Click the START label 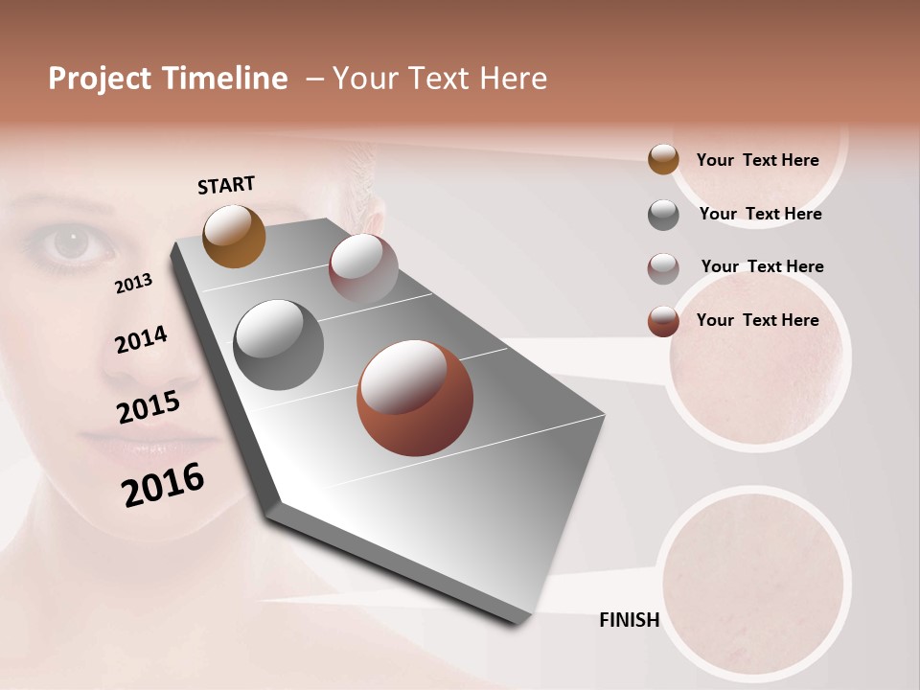(226, 185)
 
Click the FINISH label (629, 620)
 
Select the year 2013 (133, 284)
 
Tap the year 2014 (141, 340)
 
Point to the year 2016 (163, 485)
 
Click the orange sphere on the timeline (234, 236)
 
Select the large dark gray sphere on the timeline (278, 344)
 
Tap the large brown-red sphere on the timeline (414, 398)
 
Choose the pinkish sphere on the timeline (363, 267)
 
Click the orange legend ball (663, 160)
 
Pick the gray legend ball (663, 215)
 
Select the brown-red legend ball (663, 321)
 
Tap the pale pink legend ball (663, 268)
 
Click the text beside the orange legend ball (757, 160)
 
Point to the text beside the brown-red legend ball (757, 320)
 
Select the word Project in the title (99, 79)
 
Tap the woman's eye (69, 243)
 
